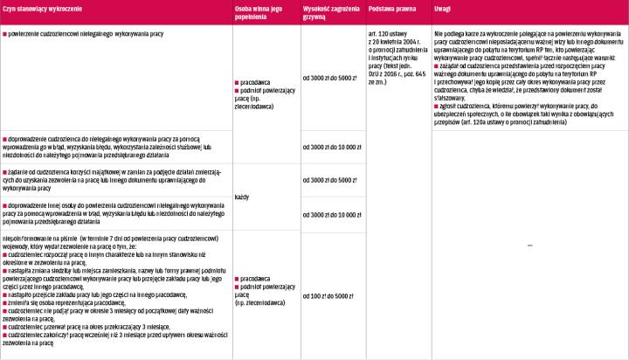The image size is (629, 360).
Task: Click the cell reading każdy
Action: click(x=242, y=197)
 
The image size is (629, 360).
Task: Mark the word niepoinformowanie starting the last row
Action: click(x=29, y=238)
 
